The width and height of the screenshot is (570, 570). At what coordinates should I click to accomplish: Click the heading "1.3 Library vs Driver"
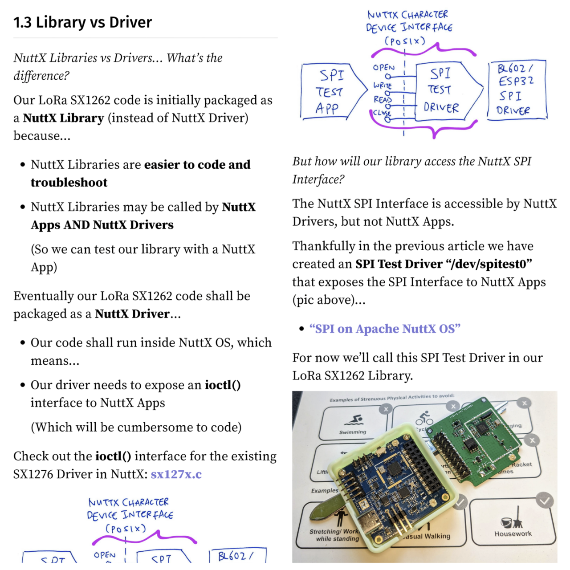pyautogui.click(x=82, y=22)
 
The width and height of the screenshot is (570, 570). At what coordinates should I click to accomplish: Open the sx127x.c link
pyautogui.click(x=176, y=474)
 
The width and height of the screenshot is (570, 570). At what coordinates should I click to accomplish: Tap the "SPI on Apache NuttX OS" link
pyautogui.click(x=385, y=329)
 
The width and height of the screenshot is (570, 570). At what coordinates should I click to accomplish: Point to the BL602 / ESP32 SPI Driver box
pyautogui.click(x=516, y=90)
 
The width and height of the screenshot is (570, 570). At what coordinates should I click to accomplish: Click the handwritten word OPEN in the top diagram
pyautogui.click(x=383, y=68)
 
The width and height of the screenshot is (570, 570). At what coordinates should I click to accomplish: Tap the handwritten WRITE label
pyautogui.click(x=383, y=85)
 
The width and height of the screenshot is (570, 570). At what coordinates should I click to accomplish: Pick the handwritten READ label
pyautogui.click(x=382, y=99)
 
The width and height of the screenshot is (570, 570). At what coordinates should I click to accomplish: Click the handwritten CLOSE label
pyautogui.click(x=382, y=113)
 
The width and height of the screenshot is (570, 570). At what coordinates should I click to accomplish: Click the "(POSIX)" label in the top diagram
pyautogui.click(x=405, y=41)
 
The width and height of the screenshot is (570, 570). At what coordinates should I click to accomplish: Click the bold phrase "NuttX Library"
pyautogui.click(x=63, y=118)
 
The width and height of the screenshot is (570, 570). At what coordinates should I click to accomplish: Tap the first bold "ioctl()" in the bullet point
pyautogui.click(x=223, y=385)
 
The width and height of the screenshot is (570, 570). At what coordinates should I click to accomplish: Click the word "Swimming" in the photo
pyautogui.click(x=352, y=432)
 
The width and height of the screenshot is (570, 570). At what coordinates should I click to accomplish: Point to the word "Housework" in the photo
pyautogui.click(x=513, y=533)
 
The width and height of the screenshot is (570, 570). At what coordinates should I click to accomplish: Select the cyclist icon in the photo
pyautogui.click(x=424, y=418)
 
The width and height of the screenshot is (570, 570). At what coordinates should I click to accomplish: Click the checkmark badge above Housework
pyautogui.click(x=545, y=501)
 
